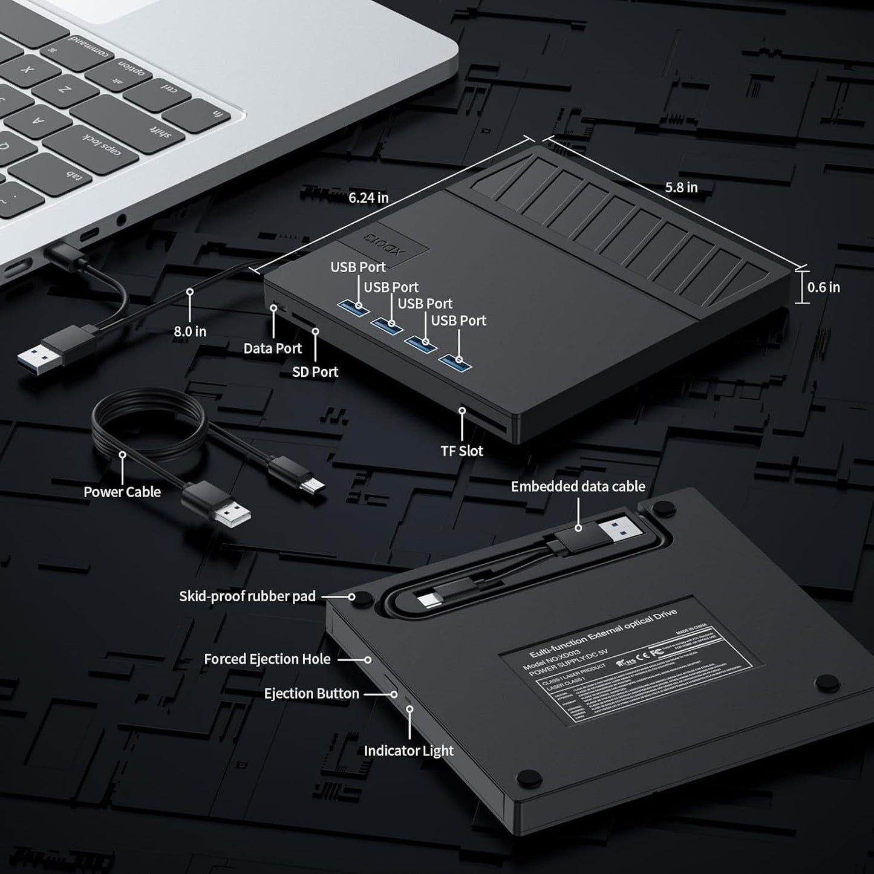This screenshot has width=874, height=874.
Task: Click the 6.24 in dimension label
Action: [368, 197]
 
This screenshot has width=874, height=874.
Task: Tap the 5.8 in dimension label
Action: [681, 188]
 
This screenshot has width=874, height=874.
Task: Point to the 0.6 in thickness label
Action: [824, 287]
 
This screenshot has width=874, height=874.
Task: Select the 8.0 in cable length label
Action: [190, 331]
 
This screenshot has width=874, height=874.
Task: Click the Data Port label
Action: [272, 348]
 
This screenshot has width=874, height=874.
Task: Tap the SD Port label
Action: [315, 372]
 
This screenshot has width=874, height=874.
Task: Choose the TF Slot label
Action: [461, 451]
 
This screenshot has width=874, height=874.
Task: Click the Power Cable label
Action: [122, 492]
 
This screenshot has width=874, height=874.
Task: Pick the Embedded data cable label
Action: [578, 486]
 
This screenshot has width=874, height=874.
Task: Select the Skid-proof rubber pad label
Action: [247, 596]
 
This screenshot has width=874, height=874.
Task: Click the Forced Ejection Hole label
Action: [267, 659]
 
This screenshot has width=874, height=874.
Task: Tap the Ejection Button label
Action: [311, 693]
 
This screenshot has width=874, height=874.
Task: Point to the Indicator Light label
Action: [408, 751]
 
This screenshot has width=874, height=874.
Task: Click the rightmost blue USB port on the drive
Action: [455, 362]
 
